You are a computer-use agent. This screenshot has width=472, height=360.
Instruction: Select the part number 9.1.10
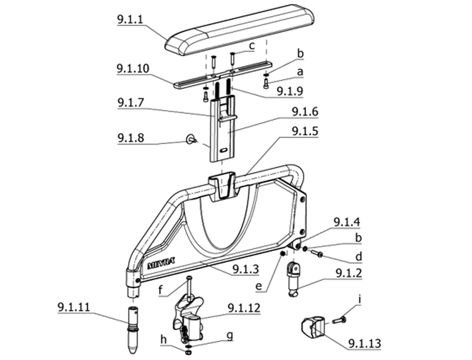[133, 68]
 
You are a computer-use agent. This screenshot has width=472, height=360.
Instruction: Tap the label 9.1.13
[364, 344]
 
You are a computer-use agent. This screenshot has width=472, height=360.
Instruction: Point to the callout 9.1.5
[305, 131]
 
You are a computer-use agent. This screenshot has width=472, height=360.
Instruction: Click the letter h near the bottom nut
[164, 340]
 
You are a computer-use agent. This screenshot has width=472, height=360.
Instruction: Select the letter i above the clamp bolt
[359, 300]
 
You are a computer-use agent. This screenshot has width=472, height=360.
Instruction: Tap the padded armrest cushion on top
[240, 30]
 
